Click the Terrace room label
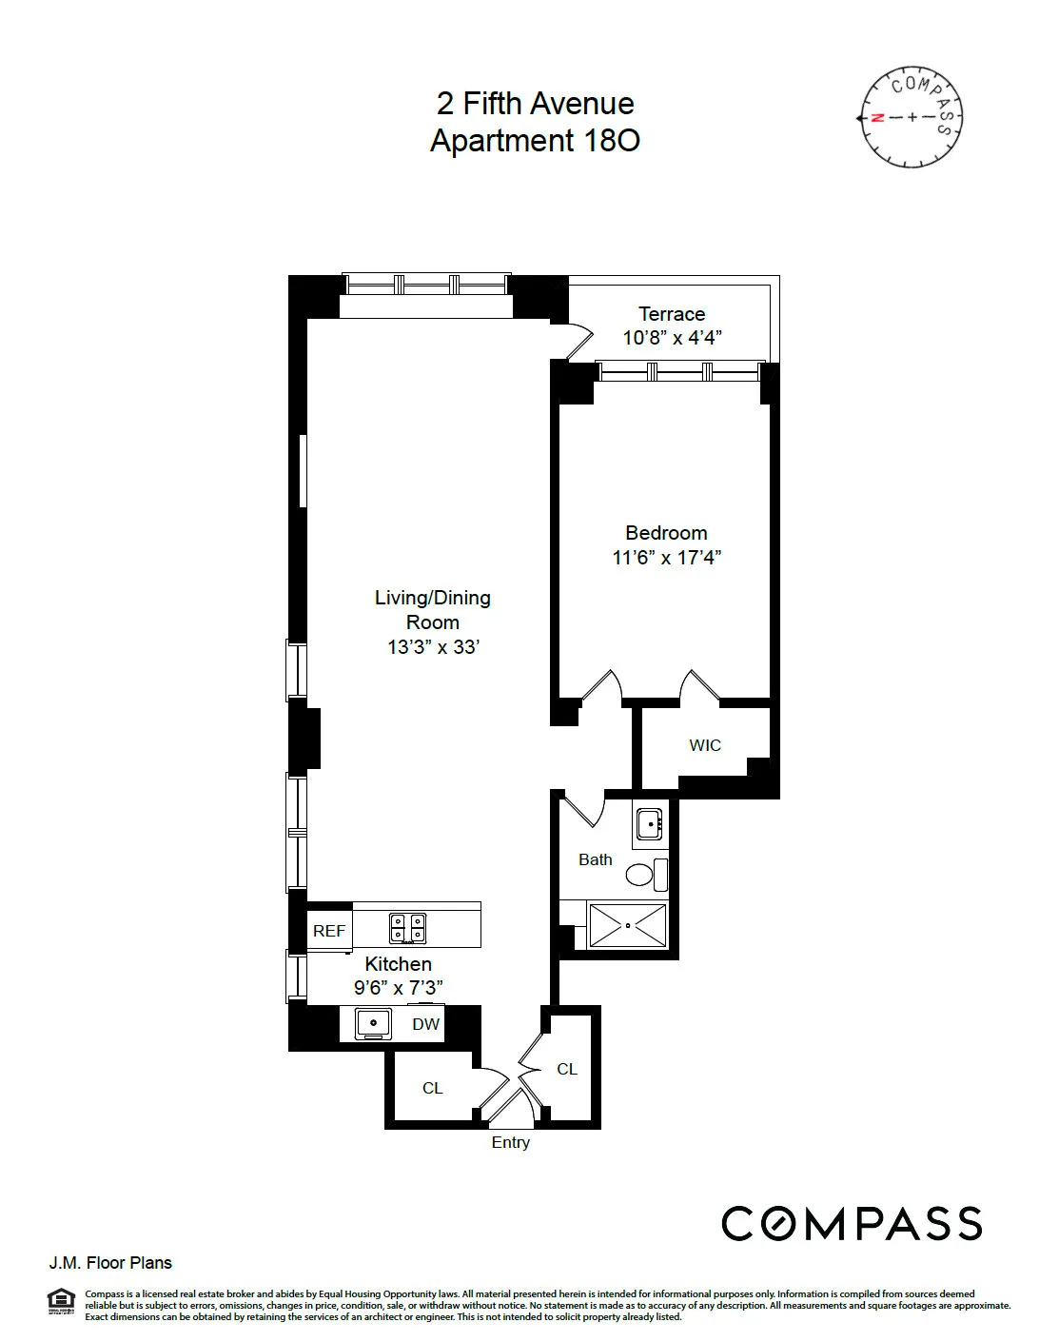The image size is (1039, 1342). pos(671,314)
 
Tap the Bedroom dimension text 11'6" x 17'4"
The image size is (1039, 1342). pos(666,558)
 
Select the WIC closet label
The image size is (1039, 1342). pos(705,745)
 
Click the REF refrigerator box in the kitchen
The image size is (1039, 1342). pos(329,931)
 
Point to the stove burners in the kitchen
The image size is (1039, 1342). pos(407,926)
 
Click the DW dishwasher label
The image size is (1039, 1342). pos(425,1024)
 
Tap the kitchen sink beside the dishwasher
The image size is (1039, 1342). pos(373,1023)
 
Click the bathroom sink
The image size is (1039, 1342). pos(650,823)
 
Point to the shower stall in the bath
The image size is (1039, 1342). pos(627,925)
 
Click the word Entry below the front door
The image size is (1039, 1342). pos(510,1142)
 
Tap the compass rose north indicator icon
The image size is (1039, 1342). pos(912,117)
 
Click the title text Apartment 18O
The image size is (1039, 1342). pos(535,141)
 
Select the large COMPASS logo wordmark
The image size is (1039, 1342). pos(851,1223)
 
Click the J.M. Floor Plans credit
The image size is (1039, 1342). pos(110,1263)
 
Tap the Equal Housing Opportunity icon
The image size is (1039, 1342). pos(61,1301)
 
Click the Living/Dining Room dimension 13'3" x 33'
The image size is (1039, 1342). pos(433,647)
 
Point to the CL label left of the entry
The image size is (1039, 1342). pos(432,1088)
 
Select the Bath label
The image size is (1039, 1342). pos(596,859)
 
